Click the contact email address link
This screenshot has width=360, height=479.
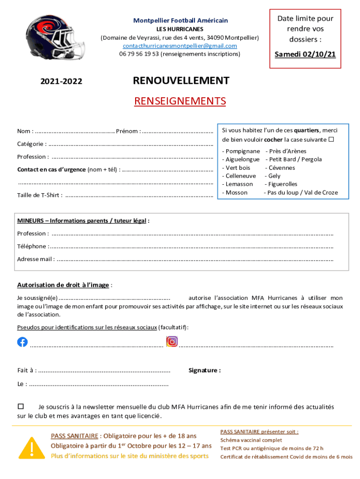180,46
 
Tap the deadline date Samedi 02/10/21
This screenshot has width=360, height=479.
305,54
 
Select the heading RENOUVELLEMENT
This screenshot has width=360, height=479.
181,81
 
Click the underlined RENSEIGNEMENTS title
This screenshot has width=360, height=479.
180,101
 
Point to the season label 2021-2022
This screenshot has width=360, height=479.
61,82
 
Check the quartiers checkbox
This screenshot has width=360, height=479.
331,139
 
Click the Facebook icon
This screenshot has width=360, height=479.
22,342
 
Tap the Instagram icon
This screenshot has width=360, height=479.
172,342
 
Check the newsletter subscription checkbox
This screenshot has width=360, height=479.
21,406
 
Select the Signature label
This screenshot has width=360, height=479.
204,370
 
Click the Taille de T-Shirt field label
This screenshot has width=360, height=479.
39,195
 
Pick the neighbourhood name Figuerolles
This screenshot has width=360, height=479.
282,184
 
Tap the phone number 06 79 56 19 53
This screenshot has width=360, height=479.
139,54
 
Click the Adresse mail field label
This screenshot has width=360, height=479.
36,259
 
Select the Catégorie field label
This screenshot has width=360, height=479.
31,144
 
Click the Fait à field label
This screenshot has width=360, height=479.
27,370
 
